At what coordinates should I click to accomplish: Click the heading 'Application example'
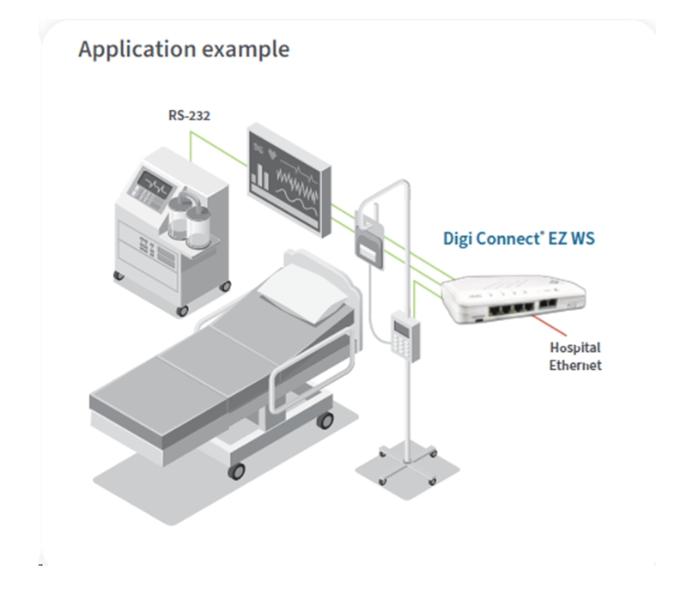click(184, 49)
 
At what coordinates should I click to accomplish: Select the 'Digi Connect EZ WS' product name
click(518, 239)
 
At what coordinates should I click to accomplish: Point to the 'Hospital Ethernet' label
click(575, 356)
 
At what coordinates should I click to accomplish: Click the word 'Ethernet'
click(575, 365)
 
